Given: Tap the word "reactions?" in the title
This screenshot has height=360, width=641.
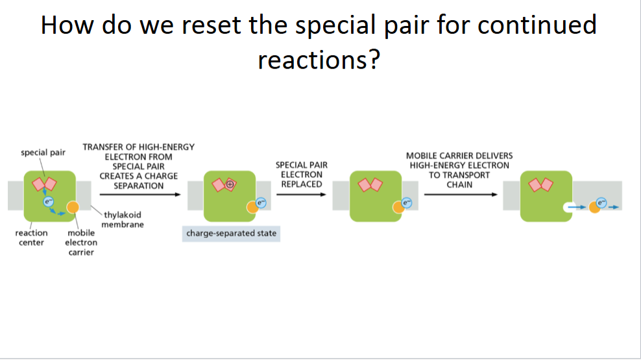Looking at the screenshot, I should [318, 60].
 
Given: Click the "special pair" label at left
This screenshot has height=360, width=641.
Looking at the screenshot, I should [43, 152].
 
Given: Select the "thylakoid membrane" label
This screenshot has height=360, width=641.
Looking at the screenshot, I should [123, 219].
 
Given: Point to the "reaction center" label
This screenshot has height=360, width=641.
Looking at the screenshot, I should [31, 237].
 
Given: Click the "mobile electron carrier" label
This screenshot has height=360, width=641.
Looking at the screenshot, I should [81, 242].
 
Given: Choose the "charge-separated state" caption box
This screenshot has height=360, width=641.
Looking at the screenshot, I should [231, 233].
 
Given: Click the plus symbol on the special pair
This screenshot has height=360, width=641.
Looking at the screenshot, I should [229, 184].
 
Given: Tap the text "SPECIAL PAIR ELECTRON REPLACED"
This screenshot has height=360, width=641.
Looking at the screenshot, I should [301, 174].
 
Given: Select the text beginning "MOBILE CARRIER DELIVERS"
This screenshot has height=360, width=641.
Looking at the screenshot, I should [459, 170].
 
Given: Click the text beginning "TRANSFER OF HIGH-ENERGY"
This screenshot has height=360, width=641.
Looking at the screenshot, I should [138, 166].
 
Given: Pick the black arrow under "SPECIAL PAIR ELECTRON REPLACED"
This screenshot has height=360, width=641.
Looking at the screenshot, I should [300, 194].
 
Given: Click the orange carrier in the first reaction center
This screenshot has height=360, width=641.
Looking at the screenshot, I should [73, 207].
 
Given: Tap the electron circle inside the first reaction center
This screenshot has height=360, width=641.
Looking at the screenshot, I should [47, 202].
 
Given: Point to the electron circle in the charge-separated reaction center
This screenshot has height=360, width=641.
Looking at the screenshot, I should [260, 203].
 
